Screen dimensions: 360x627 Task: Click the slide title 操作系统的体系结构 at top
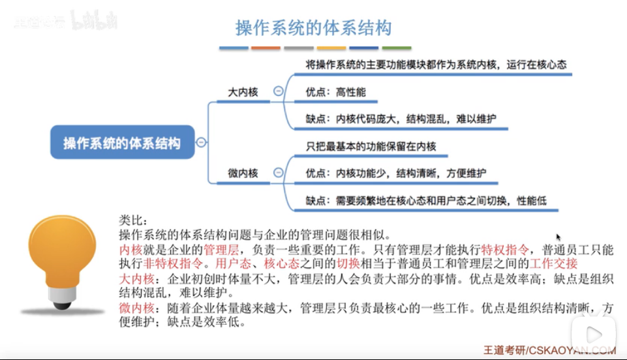coord(313,28)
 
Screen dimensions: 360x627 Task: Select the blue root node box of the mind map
coord(122,142)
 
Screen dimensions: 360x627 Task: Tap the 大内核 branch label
coord(243,92)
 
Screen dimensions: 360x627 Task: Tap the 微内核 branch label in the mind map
coord(243,173)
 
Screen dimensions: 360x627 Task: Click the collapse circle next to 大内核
coord(279,92)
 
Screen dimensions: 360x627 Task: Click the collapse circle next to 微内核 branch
coord(279,173)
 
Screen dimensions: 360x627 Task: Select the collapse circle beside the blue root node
coord(202,142)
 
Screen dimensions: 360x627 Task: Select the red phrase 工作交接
coord(554,263)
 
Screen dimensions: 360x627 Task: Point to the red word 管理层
coord(221,250)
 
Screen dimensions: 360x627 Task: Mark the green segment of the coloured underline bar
coord(397,48)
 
